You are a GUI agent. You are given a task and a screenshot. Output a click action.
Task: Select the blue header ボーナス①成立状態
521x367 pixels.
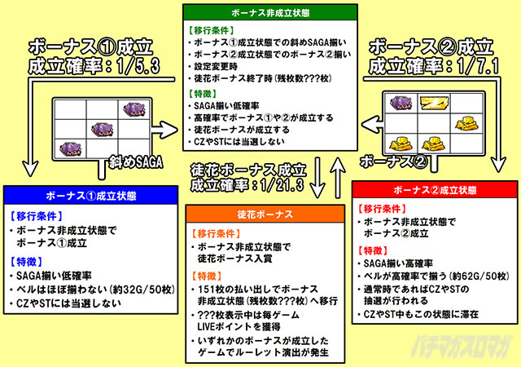[x=90, y=196]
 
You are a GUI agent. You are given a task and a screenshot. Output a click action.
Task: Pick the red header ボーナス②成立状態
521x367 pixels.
[x=431, y=190]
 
